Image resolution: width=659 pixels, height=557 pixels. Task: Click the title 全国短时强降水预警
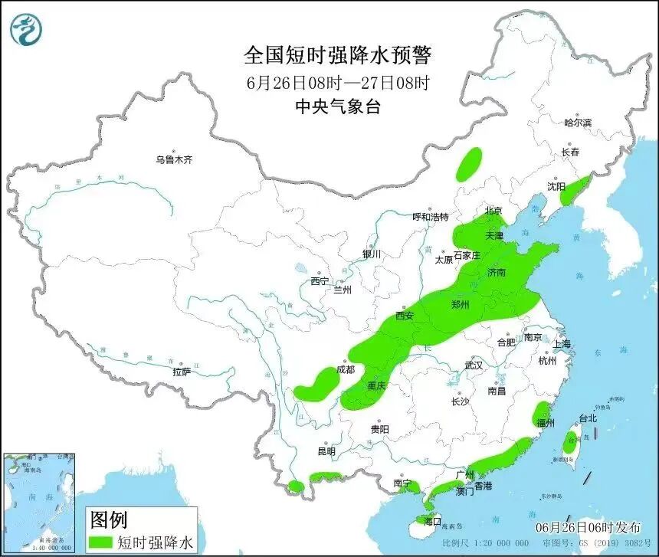pyautogui.click(x=338, y=55)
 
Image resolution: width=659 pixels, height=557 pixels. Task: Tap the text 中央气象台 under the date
pyautogui.click(x=338, y=106)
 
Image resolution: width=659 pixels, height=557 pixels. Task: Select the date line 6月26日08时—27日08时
pyautogui.click(x=338, y=81)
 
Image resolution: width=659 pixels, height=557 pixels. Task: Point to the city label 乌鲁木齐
pyautogui.click(x=174, y=160)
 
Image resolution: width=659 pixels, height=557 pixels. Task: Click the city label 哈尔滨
pyautogui.click(x=578, y=123)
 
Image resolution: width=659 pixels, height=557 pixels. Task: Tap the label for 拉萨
pyautogui.click(x=182, y=372)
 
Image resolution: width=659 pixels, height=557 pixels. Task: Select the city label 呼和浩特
pyautogui.click(x=430, y=217)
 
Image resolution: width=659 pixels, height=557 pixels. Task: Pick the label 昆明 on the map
pyautogui.click(x=326, y=451)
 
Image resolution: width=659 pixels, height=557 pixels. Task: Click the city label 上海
pyautogui.click(x=561, y=344)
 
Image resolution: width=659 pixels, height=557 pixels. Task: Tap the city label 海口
pyautogui.click(x=433, y=521)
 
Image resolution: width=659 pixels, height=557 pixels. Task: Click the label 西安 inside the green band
pyautogui.click(x=405, y=315)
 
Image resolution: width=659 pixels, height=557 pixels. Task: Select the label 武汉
pyautogui.click(x=474, y=365)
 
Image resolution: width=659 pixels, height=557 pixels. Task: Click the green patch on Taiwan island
pyautogui.click(x=570, y=443)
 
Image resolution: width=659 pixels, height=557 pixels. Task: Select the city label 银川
pyautogui.click(x=372, y=254)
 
